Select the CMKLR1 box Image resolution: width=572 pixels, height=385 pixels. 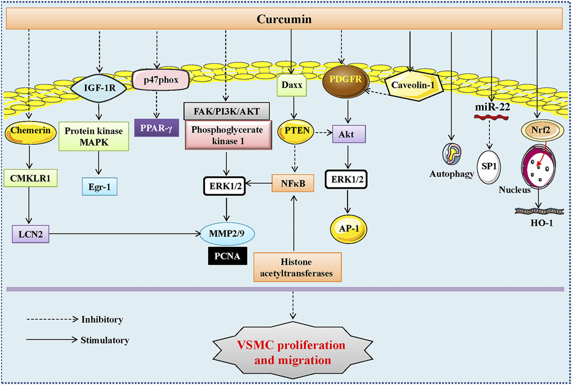30,178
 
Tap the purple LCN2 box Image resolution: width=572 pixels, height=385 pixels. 30,234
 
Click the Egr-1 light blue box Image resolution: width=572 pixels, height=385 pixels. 100,187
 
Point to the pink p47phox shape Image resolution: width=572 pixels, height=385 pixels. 161,80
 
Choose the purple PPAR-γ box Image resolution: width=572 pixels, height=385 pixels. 156,128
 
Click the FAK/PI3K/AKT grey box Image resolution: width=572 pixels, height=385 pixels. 226,111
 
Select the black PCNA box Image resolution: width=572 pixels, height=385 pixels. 227,256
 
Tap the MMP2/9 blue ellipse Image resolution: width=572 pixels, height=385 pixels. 227,233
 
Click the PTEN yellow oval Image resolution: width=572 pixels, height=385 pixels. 295,131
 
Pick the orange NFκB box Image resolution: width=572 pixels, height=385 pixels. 293,183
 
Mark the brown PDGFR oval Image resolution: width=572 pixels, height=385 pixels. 345,81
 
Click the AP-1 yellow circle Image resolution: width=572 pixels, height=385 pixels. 349,229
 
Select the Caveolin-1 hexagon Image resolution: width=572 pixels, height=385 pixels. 413,85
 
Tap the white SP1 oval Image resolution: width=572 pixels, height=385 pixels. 489,167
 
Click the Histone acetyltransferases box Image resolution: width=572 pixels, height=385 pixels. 297,267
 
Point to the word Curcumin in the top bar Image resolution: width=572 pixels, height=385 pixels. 284,19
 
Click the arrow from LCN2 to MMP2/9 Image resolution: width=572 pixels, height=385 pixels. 125,234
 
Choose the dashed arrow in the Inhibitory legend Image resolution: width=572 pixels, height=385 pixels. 52,319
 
